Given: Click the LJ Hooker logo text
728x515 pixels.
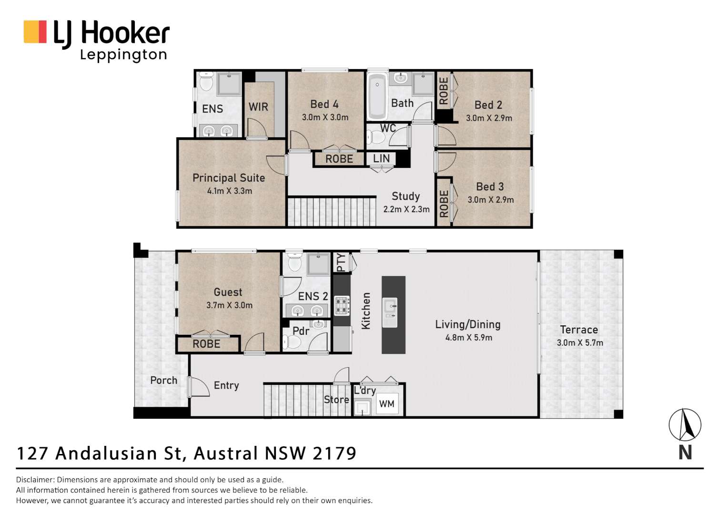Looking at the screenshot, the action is (111, 33).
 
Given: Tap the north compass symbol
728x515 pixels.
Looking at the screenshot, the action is (685, 425).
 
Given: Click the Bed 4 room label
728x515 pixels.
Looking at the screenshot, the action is (324, 104).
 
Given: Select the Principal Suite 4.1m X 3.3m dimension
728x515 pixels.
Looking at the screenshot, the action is (230, 191).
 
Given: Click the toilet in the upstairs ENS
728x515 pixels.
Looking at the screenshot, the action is (206, 82).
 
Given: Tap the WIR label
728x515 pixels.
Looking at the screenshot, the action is (258, 107).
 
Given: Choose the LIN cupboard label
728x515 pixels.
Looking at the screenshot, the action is (381, 158).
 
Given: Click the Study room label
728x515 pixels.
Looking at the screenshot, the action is (405, 196).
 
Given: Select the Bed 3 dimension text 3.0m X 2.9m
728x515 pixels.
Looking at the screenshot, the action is (490, 200).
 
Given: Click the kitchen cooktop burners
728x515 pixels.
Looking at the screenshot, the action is (342, 306).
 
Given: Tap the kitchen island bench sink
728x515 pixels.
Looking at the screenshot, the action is (390, 305).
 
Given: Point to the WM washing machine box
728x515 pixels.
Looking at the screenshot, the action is (386, 404).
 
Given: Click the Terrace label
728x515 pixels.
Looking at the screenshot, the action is (579, 330).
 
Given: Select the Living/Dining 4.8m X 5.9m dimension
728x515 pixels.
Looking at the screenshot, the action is (468, 338).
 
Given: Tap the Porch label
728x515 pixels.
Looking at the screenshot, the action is (163, 380).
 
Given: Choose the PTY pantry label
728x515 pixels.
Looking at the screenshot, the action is (341, 262).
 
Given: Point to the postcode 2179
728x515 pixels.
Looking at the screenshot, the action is (334, 453).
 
